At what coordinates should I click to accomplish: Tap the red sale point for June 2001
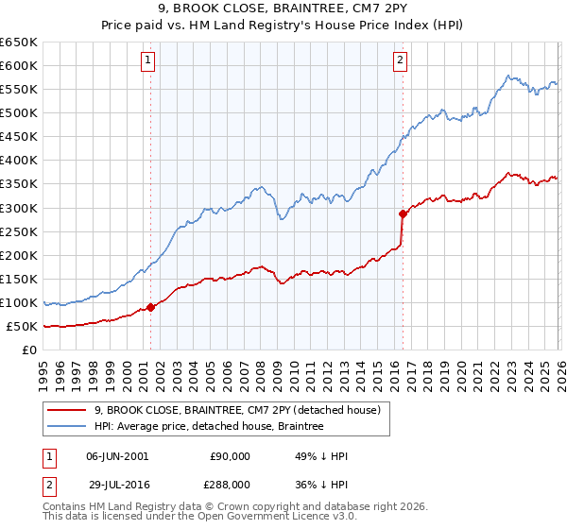pyautogui.click(x=150, y=307)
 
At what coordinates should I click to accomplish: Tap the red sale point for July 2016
pyautogui.click(x=403, y=213)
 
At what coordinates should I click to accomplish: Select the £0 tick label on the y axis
pyautogui.click(x=29, y=350)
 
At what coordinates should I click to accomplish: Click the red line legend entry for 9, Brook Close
pyautogui.click(x=236, y=410)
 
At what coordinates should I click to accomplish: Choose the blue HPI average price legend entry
pyautogui.click(x=209, y=427)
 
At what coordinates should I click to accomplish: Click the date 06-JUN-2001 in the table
pyautogui.click(x=117, y=456)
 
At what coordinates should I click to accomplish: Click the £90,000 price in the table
pyautogui.click(x=231, y=456)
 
